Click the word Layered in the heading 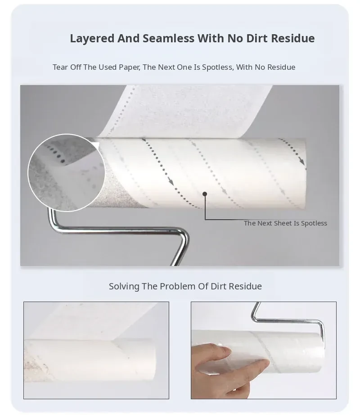click(92, 39)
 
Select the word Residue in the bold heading click(293, 38)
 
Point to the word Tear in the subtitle click(60, 67)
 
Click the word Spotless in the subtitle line click(218, 68)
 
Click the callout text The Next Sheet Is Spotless click(285, 223)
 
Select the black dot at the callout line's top click(205, 194)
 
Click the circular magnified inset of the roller click(67, 172)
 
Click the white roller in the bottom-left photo click(90, 360)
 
